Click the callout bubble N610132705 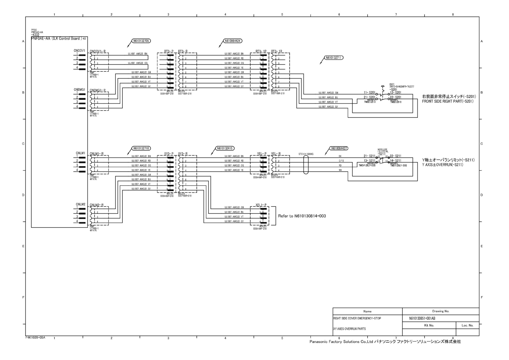click(x=141, y=41)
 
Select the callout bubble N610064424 click(x=233, y=41)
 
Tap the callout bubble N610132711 click(x=334, y=57)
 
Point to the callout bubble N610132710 click(x=141, y=148)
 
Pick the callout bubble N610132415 click(x=225, y=148)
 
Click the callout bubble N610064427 click(x=339, y=148)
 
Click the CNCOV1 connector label click(x=80, y=51)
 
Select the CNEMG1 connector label click(x=80, y=90)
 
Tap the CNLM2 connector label click(x=80, y=204)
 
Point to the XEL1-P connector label click(x=261, y=205)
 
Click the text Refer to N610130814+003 click(x=302, y=216)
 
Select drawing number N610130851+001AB click(x=422, y=318)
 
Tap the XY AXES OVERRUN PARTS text click(x=349, y=329)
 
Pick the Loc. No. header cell click(x=467, y=325)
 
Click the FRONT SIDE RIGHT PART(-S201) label click(x=448, y=101)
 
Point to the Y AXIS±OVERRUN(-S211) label click(x=443, y=165)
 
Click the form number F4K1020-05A click(x=35, y=337)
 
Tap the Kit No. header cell click(x=429, y=325)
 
